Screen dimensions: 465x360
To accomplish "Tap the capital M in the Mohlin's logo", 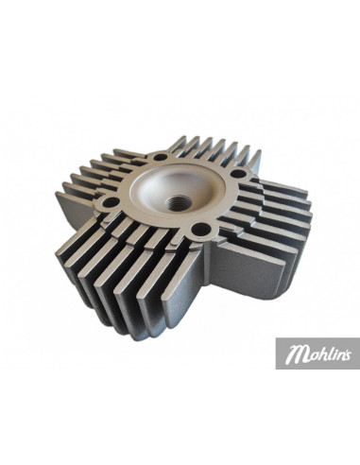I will coord(297,356).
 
